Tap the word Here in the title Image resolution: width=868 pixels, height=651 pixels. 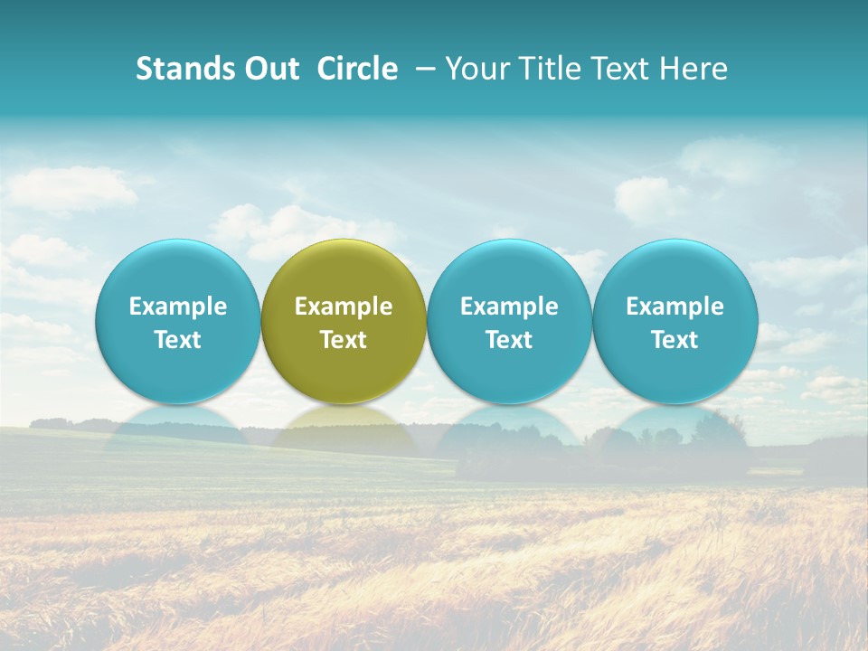pos(693,69)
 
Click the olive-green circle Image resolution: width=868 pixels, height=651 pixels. pos(344,271)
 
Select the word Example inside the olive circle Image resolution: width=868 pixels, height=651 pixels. pos(344,307)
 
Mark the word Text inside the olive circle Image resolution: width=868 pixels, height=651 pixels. pos(344,340)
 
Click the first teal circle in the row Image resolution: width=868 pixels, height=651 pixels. pos(178,271)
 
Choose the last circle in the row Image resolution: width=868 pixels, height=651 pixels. pos(675,271)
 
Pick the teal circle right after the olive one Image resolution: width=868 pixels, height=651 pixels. pos(509,271)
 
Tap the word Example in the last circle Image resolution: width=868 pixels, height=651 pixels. pos(675,307)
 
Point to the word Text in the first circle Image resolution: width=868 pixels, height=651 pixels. pos(178,340)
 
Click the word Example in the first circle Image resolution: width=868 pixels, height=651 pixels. pos(178,307)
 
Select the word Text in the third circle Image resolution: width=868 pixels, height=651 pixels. pos(509,340)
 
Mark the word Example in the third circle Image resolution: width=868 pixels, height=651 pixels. pos(509,307)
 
